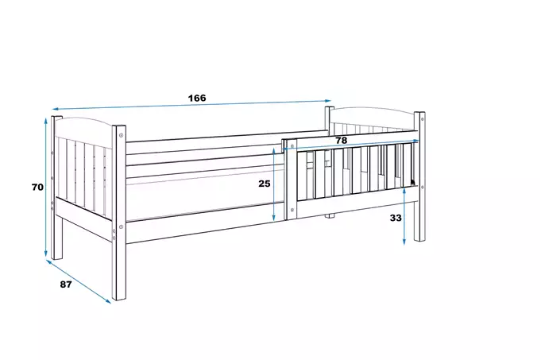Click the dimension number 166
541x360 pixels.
[x=197, y=98]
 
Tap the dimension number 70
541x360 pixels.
[x=37, y=187]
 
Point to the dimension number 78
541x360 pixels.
[x=342, y=141]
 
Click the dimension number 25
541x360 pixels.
[x=265, y=184]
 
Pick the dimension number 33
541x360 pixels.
[x=396, y=218]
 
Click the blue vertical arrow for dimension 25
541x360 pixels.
[x=273, y=184]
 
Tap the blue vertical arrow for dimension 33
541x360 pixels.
[x=404, y=216]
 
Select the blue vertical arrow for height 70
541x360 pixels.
[x=45, y=188]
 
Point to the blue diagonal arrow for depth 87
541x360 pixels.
[x=79, y=281]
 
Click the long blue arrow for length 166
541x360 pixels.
[x=191, y=105]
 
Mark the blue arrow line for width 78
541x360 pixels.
[x=351, y=145]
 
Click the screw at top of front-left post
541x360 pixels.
[x=121, y=135]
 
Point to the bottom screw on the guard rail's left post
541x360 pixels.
[x=292, y=210]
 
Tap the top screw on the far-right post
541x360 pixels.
[x=423, y=119]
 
